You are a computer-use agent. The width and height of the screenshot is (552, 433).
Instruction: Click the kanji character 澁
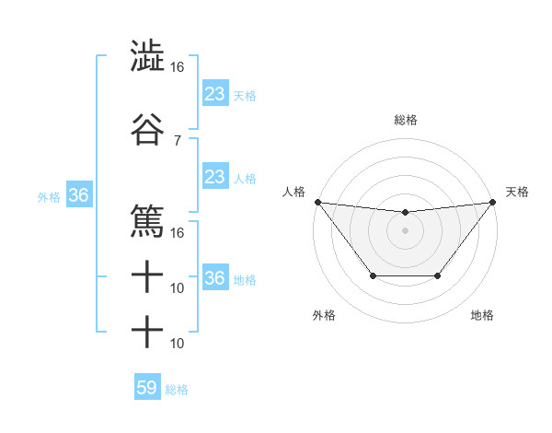147,55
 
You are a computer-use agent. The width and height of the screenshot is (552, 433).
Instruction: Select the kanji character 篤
147,221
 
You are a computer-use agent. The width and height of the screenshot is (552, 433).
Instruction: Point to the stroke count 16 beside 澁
177,67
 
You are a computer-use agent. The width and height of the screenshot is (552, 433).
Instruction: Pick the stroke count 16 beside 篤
177,232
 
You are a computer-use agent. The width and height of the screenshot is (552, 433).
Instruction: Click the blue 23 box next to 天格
215,94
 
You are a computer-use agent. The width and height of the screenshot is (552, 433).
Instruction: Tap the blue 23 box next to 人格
215,177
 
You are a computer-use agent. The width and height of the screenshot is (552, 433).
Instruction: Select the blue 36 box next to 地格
215,278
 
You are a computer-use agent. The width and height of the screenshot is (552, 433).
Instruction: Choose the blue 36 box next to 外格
78,195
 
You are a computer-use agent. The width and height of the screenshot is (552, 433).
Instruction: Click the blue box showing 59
147,388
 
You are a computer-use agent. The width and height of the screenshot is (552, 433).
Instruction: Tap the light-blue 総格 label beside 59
177,390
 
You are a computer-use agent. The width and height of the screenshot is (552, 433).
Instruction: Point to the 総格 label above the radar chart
405,120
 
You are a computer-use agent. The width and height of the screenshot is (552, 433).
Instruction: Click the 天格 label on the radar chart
518,192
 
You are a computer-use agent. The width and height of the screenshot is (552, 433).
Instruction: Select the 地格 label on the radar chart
482,315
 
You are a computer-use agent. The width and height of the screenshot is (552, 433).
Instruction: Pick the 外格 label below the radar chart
324,315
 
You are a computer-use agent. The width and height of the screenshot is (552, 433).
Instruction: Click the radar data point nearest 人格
317,202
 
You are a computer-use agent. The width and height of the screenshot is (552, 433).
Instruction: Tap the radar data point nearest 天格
492,202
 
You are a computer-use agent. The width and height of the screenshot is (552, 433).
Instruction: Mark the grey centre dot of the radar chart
405,230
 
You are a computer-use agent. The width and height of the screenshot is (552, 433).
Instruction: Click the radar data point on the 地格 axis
438,275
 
